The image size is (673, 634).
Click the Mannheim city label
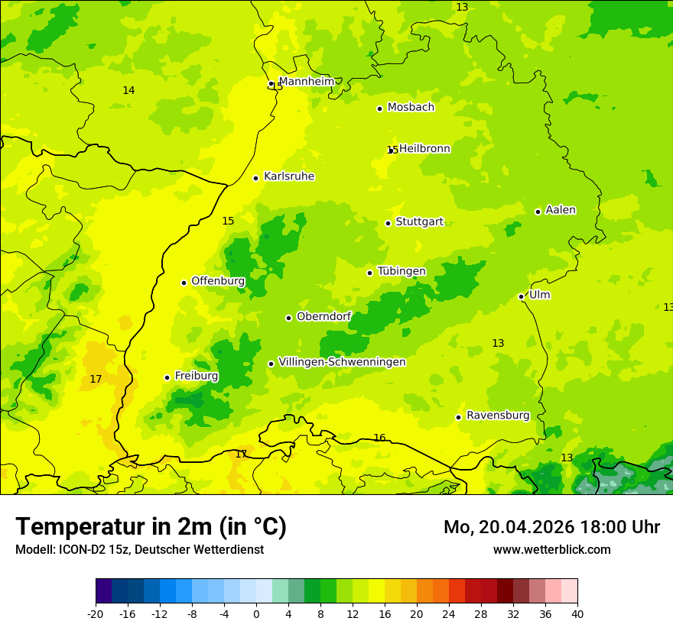[x=306, y=82]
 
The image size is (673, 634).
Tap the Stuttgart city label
[x=419, y=222]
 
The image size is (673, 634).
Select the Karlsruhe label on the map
[x=288, y=176]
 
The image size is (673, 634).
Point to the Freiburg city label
[x=196, y=376]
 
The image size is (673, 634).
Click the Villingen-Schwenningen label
[x=342, y=362]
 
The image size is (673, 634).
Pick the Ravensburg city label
[x=498, y=416]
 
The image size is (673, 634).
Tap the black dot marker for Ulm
[x=521, y=296]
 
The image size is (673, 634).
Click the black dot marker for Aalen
[x=538, y=212]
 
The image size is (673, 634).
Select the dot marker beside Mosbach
[x=379, y=108]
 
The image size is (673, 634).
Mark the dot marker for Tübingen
[x=369, y=273]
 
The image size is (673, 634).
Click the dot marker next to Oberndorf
[x=288, y=318]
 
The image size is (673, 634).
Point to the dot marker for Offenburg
[x=184, y=283]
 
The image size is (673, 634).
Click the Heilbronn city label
[x=424, y=149]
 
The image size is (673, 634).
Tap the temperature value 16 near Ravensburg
[x=379, y=438]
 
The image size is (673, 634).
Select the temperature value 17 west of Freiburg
[x=96, y=379]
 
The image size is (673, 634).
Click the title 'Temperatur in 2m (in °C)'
[x=151, y=526]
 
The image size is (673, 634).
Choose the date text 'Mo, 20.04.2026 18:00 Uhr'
[x=551, y=527]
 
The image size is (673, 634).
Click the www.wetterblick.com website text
[x=551, y=549]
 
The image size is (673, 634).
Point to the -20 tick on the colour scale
[x=96, y=613]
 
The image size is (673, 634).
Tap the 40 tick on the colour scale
[x=577, y=613]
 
